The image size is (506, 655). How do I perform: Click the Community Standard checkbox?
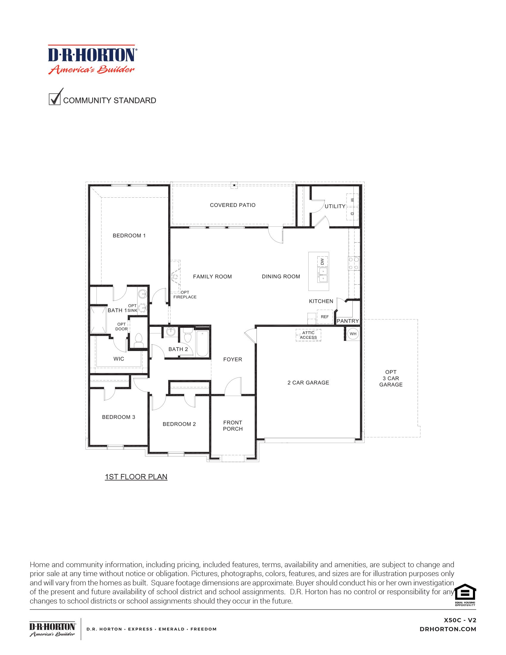(x=54, y=99)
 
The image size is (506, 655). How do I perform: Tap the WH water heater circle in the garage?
(x=353, y=334)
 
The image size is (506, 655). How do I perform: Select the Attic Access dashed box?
(x=308, y=335)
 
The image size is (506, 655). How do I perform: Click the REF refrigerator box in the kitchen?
(x=325, y=317)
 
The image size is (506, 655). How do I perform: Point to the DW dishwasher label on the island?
(x=322, y=261)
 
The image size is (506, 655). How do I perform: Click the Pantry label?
(x=347, y=321)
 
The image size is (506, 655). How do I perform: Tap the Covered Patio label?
(x=233, y=205)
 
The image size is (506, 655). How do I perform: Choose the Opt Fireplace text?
(x=185, y=294)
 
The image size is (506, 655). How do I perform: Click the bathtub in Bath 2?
(x=202, y=343)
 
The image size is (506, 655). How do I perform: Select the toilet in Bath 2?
(x=188, y=336)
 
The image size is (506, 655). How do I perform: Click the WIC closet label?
(x=119, y=359)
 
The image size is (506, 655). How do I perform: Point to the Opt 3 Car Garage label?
(x=391, y=378)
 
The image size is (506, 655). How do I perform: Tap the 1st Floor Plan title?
(x=136, y=477)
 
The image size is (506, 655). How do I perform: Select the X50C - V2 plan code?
(x=460, y=620)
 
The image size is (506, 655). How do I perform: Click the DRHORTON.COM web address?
(x=448, y=629)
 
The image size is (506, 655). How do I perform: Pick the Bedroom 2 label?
(x=179, y=424)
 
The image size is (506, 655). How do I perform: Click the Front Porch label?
(x=233, y=425)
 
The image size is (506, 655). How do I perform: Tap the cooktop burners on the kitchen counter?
(x=353, y=263)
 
